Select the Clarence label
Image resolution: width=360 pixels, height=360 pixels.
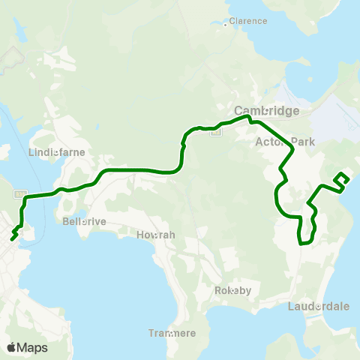(x=248, y=21)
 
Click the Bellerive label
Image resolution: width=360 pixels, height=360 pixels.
(x=82, y=221)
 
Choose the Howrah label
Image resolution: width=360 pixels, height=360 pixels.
(x=156, y=235)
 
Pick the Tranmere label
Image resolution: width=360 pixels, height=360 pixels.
(x=172, y=334)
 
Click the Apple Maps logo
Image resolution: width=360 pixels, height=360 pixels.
(x=27, y=347)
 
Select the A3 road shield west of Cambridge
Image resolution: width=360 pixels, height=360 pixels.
(x=214, y=132)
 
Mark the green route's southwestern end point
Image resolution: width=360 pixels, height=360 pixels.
(x=13, y=239)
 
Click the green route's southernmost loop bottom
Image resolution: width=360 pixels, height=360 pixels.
(x=304, y=243)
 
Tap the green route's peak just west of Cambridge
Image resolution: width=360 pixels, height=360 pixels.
(x=244, y=116)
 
